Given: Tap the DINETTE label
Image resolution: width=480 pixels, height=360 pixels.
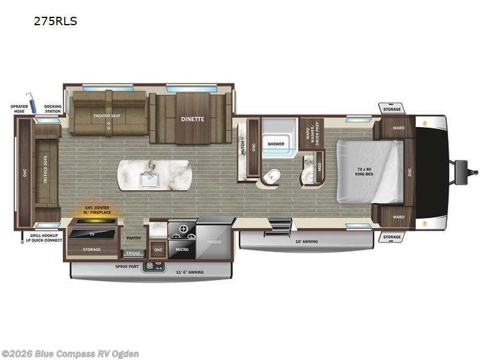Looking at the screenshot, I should tap(193, 119).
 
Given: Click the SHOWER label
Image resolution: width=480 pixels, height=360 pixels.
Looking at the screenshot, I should tap(276, 144).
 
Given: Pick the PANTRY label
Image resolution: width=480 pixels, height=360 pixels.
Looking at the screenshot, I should tap(134, 238).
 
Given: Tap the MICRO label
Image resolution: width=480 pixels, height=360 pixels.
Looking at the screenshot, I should tap(182, 249).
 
